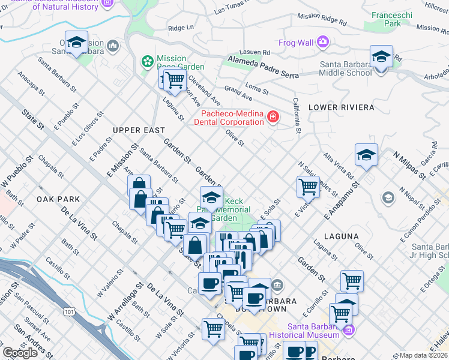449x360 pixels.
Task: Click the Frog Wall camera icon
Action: pos(324,41)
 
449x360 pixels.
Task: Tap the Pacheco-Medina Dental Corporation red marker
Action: pos(273,116)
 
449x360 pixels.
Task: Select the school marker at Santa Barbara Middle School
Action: pos(381,58)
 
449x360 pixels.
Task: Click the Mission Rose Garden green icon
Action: pos(146,61)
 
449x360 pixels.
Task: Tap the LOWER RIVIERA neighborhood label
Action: pos(341,107)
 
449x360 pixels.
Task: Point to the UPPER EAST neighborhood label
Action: pos(138,130)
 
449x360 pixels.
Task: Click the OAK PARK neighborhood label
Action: pos(58,199)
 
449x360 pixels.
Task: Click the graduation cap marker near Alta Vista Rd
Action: pos(366,155)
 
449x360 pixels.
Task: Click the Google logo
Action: pos(20,353)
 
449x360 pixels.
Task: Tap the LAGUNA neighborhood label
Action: pos(341,237)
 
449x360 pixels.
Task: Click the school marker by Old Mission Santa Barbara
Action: pos(76,43)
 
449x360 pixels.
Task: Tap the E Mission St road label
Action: pos(124,159)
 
